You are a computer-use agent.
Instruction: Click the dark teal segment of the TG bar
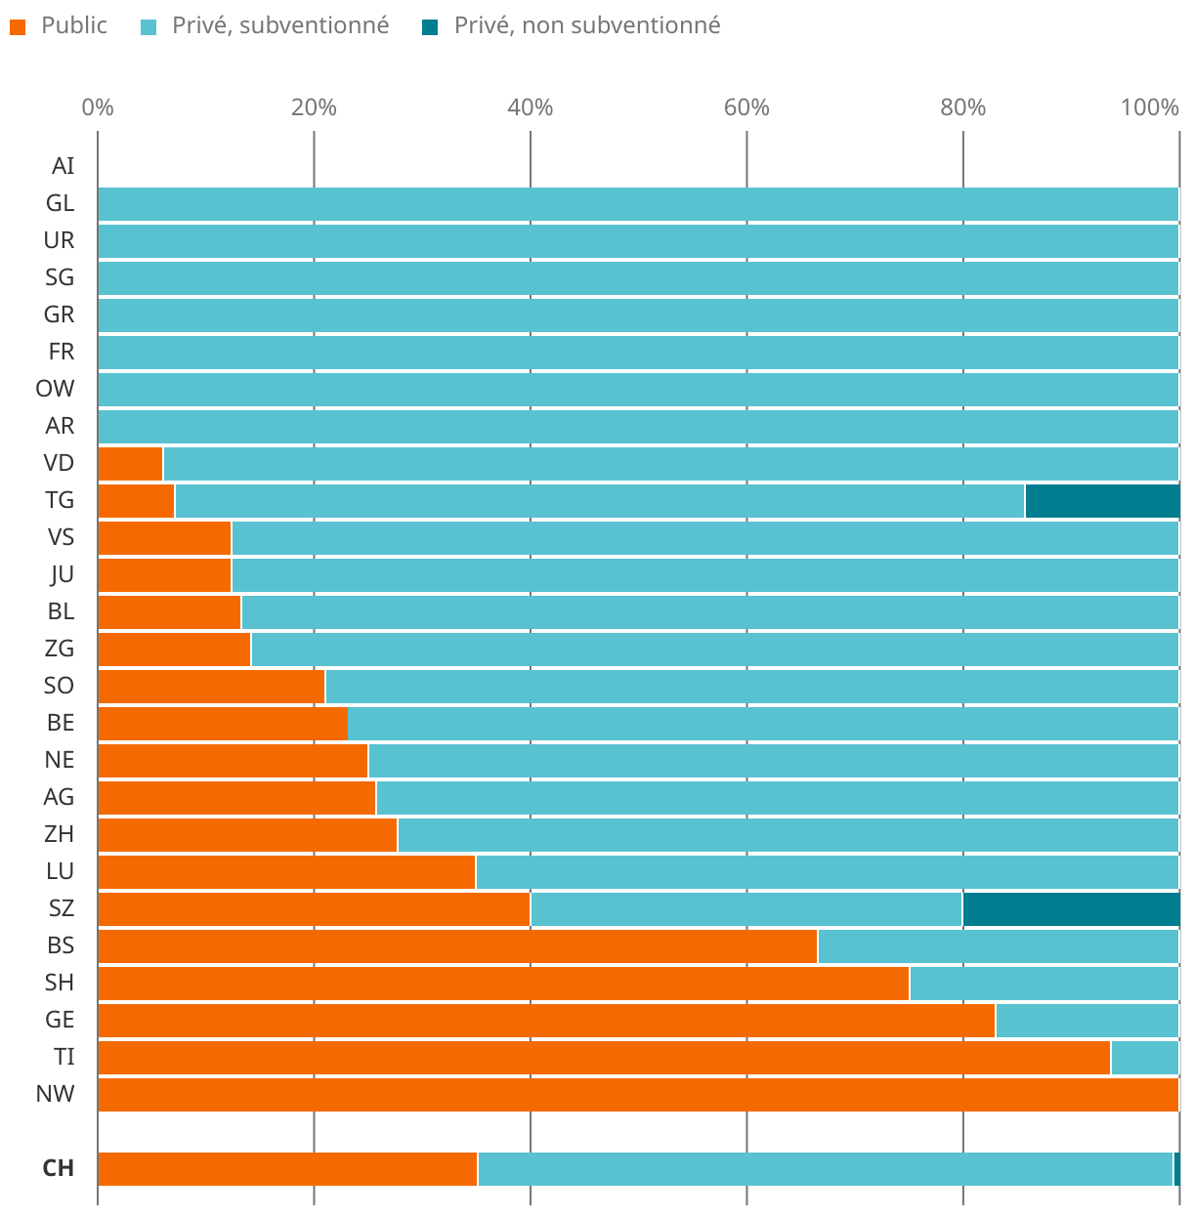click(x=1102, y=500)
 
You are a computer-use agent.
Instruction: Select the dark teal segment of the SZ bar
click(x=1071, y=908)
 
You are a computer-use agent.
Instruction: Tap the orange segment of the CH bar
click(x=287, y=1168)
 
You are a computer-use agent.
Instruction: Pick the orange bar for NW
click(x=638, y=1094)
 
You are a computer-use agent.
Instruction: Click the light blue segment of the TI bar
click(x=1144, y=1057)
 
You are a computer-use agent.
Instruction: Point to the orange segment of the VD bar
click(x=130, y=463)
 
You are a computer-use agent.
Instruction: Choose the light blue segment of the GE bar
click(x=1086, y=1020)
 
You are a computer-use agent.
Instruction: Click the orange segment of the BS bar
click(x=457, y=945)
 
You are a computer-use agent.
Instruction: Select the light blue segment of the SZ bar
click(x=745, y=908)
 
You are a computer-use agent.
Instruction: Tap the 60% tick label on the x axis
click(x=746, y=107)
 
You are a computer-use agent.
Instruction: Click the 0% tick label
click(x=98, y=107)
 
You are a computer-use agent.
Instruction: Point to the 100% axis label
click(x=1150, y=107)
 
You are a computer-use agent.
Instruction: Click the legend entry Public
click(x=73, y=25)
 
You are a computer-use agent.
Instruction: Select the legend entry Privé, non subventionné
click(x=586, y=25)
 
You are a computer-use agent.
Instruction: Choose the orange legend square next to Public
click(x=18, y=26)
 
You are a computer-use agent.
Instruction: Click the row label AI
click(x=63, y=166)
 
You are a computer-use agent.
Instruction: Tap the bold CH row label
click(x=59, y=1168)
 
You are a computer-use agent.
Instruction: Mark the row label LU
click(x=60, y=871)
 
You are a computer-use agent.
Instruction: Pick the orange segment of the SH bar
click(x=503, y=983)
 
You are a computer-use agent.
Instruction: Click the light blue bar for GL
click(x=638, y=203)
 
